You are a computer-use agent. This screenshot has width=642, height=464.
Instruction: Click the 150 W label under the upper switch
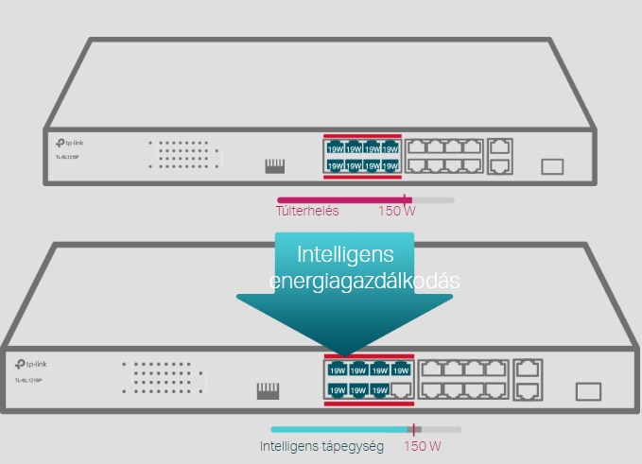point(396,211)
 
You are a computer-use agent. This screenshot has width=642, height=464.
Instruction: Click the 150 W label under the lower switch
point(423,445)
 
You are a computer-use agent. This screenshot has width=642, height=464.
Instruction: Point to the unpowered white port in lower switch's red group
point(403,389)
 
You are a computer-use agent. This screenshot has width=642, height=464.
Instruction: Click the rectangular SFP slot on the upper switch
point(552,166)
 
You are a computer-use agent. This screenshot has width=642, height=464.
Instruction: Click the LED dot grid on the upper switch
point(183,155)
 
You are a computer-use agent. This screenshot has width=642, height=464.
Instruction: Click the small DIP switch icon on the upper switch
point(275,166)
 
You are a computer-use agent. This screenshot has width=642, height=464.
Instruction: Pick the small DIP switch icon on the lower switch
point(269,390)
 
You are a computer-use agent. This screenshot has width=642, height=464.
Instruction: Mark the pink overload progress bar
point(340,199)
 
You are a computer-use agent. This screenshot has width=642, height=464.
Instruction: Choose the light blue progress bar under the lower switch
point(339,429)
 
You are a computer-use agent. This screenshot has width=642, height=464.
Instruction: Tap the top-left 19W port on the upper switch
point(335,147)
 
